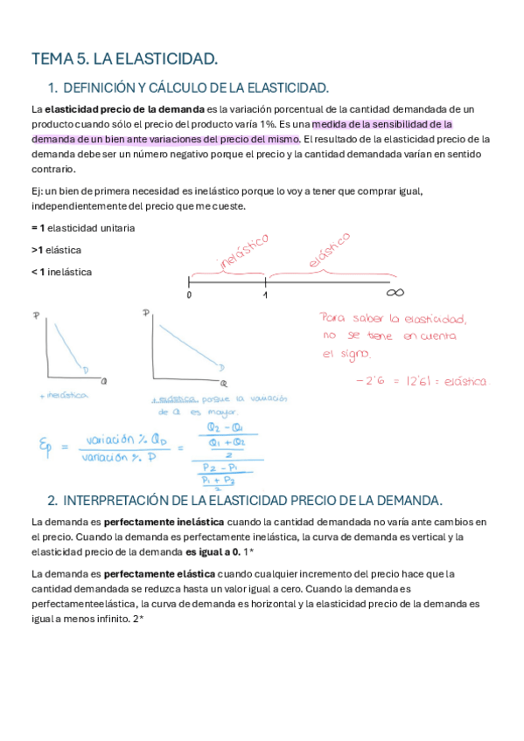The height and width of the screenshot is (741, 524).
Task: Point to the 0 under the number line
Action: coord(189,296)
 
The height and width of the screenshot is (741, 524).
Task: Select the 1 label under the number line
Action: coord(265,296)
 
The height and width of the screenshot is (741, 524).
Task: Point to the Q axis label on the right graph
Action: coord(225,384)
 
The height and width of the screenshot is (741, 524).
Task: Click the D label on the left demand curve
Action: coord(85,370)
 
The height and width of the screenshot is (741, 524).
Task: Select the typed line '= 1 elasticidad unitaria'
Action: coord(82,228)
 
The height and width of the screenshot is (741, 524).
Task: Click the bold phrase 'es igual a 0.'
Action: coord(212,552)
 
